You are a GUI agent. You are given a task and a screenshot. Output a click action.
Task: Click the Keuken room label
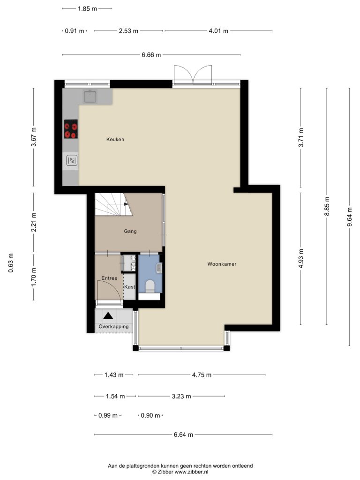point(115,139)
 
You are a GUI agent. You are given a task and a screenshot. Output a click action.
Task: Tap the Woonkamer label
point(222,264)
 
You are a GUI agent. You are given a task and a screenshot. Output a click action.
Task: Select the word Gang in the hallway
point(130,232)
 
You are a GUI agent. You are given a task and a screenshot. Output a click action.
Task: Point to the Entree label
point(109,278)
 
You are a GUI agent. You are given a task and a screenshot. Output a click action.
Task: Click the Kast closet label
point(129,287)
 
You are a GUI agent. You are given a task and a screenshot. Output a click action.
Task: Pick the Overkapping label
point(113,327)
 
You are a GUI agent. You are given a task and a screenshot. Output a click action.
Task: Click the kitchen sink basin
point(90,96)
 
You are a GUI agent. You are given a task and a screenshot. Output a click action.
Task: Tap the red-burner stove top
point(71,129)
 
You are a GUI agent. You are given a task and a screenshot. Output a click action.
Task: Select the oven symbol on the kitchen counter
point(72,160)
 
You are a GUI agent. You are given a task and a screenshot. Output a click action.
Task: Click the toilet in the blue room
point(150,286)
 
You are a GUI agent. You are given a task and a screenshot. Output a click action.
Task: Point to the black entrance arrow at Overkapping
point(108,315)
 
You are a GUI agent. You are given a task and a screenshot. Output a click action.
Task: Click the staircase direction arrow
point(126,203)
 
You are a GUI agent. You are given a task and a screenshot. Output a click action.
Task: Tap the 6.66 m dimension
point(151,55)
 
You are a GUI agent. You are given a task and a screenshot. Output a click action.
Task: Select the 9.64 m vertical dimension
point(349,217)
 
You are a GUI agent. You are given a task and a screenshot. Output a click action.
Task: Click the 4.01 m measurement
point(218,31)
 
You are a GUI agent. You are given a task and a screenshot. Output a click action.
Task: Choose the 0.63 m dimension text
point(11,263)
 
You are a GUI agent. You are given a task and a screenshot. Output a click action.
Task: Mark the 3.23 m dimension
point(181,397)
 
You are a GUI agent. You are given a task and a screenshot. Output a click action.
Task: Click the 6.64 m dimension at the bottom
point(183,435)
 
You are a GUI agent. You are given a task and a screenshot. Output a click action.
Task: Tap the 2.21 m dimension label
point(34,222)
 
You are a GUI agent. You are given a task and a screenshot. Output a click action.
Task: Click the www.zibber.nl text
point(192,472)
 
